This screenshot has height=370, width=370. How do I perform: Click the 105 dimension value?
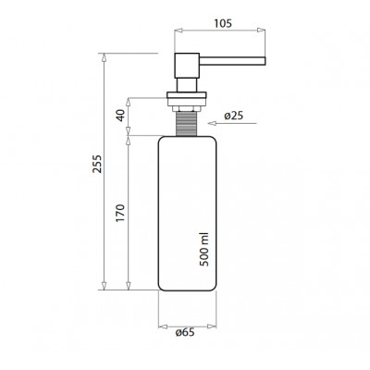coord(223,23)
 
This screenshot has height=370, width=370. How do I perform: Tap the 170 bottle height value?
coord(121,213)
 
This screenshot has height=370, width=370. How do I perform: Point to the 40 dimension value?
coord(121,115)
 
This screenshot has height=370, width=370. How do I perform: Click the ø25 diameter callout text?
coord(234,116)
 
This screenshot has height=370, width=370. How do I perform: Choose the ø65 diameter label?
coord(185,332)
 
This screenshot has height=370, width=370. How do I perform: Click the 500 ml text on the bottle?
coord(204,249)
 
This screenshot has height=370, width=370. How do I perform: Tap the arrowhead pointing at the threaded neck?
coord(212,124)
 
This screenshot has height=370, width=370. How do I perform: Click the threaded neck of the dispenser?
coord(188,124)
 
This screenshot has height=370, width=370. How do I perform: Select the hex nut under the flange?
coord(188,108)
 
